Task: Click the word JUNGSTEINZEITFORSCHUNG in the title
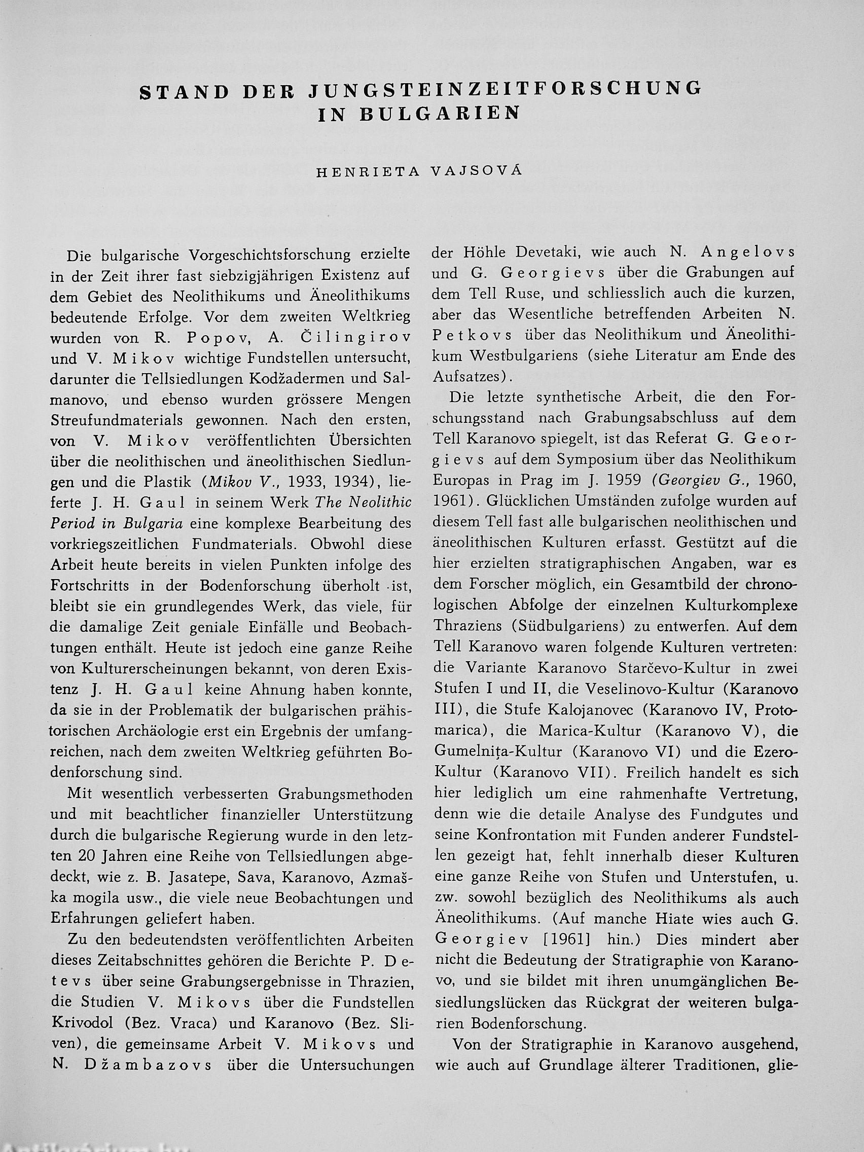pyautogui.click(x=504, y=89)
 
